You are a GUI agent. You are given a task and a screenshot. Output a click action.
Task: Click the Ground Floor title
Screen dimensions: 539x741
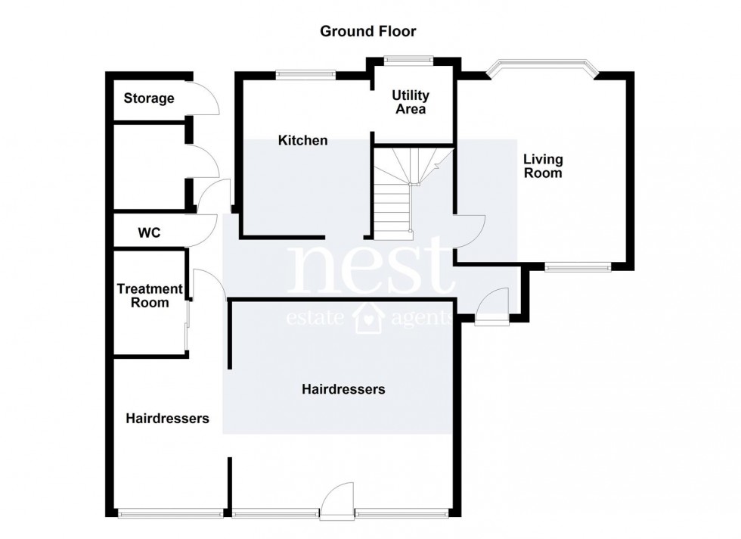pos(368,31)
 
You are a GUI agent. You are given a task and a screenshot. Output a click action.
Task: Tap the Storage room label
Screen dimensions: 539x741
pos(149,98)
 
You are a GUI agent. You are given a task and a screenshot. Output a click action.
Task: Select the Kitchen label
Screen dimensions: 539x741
pos(302,140)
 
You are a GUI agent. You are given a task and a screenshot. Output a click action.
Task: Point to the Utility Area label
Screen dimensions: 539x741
pos(410,102)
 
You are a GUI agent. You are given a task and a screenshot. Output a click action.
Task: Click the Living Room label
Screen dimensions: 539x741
pos(543,166)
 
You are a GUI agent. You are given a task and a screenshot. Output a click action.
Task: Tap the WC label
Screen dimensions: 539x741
pos(149,232)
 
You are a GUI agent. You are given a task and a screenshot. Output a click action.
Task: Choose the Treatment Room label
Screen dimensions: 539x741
pos(150,295)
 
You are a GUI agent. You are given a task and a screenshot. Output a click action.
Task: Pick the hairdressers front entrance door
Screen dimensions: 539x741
pos(336,501)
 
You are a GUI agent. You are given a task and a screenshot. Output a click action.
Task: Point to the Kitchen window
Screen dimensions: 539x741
pos(305,73)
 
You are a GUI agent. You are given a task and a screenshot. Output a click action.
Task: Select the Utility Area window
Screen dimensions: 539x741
pos(408,58)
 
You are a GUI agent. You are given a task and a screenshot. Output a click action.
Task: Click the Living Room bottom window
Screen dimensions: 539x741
pos(578,266)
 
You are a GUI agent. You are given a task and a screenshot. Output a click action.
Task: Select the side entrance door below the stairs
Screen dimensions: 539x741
pos(493,307)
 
